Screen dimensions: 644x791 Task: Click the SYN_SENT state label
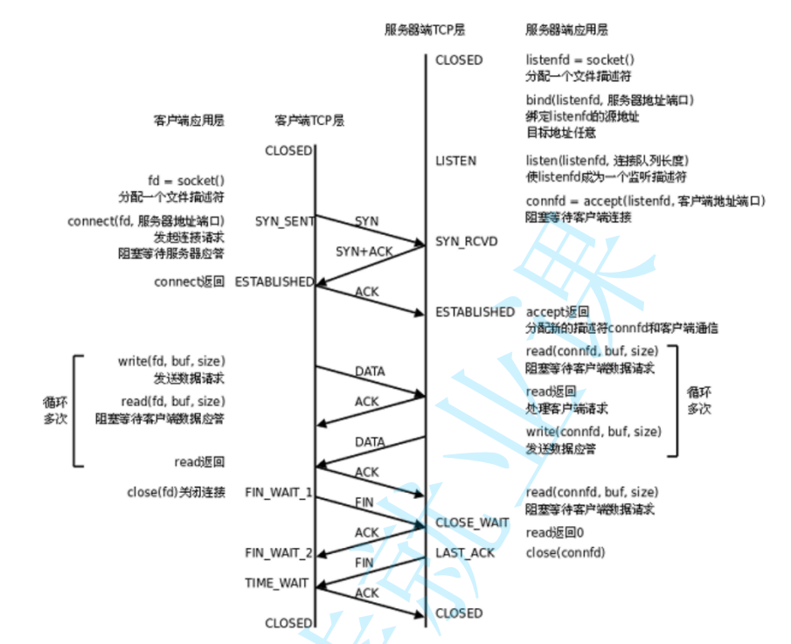click(x=285, y=221)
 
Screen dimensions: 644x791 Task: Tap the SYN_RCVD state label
click(x=467, y=240)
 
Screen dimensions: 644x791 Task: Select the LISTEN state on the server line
click(x=455, y=161)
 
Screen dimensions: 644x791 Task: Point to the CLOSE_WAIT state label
click(x=472, y=523)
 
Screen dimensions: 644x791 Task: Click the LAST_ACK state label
click(x=465, y=552)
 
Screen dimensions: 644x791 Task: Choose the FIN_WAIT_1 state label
click(x=278, y=493)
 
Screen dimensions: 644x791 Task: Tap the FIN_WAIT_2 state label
click(x=278, y=552)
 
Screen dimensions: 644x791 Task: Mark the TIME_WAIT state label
click(x=276, y=583)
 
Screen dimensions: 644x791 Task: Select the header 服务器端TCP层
click(x=425, y=29)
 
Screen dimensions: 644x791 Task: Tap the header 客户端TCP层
click(x=309, y=121)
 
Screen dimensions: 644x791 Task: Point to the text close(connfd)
click(x=565, y=552)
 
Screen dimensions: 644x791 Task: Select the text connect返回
click(x=189, y=281)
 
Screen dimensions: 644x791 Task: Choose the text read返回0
click(x=554, y=533)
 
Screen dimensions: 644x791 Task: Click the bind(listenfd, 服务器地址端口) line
click(x=609, y=100)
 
